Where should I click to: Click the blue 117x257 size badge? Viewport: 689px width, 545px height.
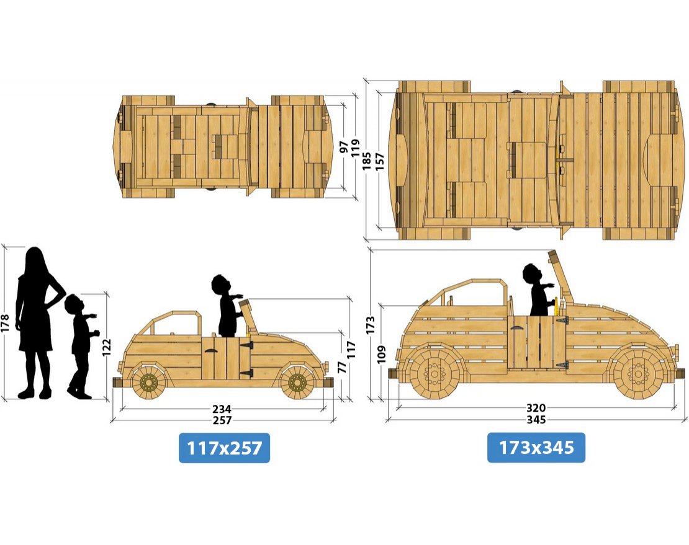coord(224,448)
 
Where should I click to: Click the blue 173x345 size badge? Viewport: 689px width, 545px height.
coord(536,448)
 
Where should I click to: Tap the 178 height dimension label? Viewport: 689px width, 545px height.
coord(7,322)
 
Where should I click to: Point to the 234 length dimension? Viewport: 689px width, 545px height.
coord(222,409)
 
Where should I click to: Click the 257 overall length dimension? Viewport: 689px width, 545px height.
coord(222,420)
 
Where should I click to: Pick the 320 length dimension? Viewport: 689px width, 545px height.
coord(536,408)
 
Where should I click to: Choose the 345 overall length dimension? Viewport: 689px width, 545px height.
coord(536,420)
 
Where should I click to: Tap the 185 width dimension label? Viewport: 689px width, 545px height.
coord(367,160)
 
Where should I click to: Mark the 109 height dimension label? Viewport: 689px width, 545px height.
coord(381,354)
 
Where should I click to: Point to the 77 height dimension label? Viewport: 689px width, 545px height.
coord(341,366)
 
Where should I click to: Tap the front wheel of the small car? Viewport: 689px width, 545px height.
coord(297,383)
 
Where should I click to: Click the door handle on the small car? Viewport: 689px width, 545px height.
coord(212,352)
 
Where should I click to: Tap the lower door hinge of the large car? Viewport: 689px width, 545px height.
coord(561,365)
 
